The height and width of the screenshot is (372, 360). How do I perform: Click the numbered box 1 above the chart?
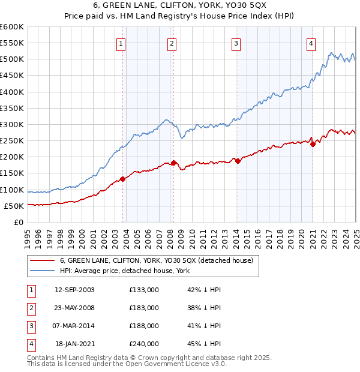[x=121, y=43]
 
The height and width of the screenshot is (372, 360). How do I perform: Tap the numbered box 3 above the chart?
[x=236, y=43]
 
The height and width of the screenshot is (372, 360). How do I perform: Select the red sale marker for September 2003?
[x=122, y=179]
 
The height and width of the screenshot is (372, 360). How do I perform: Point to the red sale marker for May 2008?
[x=173, y=163]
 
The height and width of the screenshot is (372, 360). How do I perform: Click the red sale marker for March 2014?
[x=238, y=161]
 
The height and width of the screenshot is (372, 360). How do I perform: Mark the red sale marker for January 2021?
[x=313, y=144]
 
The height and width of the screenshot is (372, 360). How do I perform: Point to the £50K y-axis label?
[x=14, y=206]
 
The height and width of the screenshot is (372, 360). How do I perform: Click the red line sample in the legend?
[x=41, y=260]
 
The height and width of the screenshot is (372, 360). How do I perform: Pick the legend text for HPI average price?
[x=125, y=271]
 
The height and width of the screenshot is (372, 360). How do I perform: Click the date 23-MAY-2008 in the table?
[x=74, y=308]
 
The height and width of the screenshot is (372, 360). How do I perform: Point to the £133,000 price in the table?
[x=144, y=290]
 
